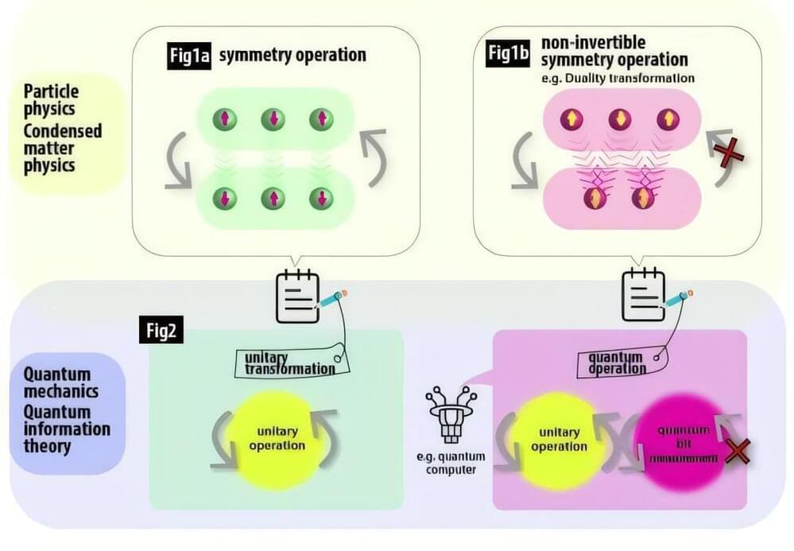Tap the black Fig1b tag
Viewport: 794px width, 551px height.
509,56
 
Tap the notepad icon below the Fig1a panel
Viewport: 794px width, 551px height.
298,297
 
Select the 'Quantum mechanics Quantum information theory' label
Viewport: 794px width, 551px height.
63,410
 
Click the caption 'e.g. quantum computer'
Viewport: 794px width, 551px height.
450,464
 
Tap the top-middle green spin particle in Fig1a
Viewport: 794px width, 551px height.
273,120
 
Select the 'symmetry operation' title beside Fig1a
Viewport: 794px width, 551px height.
292,56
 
